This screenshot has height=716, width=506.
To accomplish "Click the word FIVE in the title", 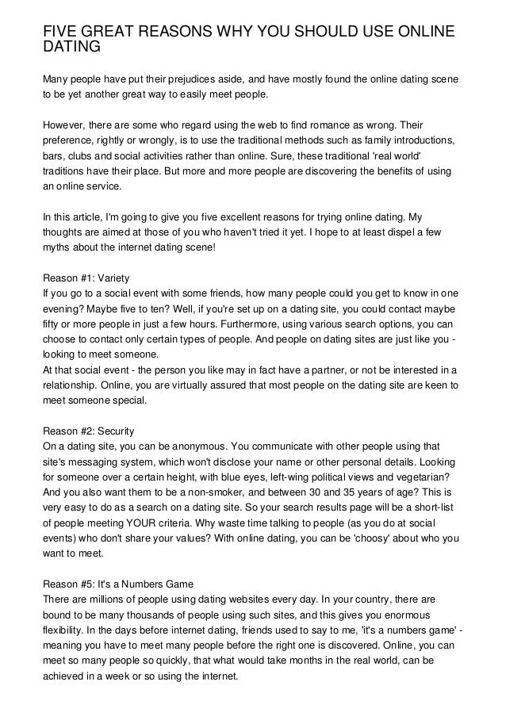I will (62, 32).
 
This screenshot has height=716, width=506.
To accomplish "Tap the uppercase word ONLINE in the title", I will (417, 32).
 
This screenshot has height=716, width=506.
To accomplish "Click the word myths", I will (56, 244).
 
